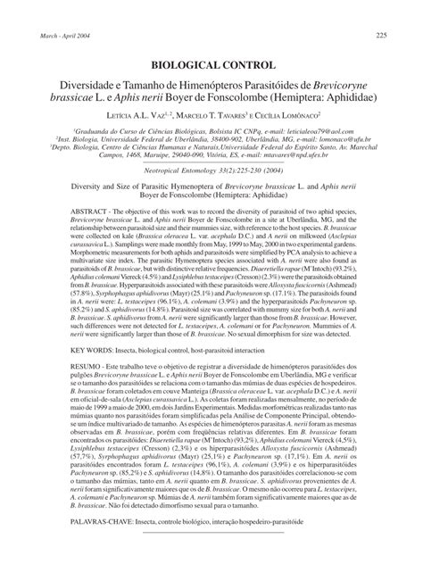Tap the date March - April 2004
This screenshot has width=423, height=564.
(x=68, y=35)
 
